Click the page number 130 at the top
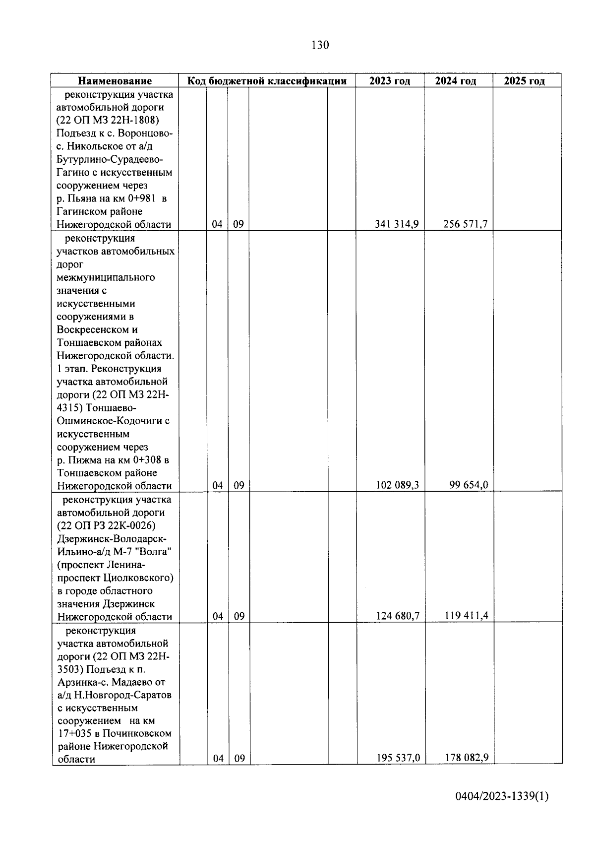point(320,46)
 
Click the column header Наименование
point(115,81)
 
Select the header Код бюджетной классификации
point(266,81)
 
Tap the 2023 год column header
point(390,81)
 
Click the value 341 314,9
point(397,224)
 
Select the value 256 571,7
point(465,224)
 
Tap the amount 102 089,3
point(397,485)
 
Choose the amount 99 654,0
point(469,485)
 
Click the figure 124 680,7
point(397,616)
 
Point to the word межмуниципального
point(106,277)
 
